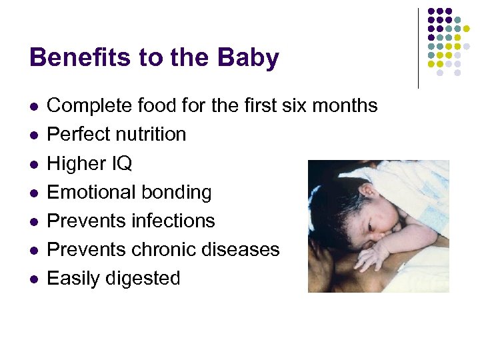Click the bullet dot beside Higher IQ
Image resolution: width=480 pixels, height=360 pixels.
(33, 164)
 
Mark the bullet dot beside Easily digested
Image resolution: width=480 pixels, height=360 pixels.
(33, 279)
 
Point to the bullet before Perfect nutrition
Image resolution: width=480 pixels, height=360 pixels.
(33, 135)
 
